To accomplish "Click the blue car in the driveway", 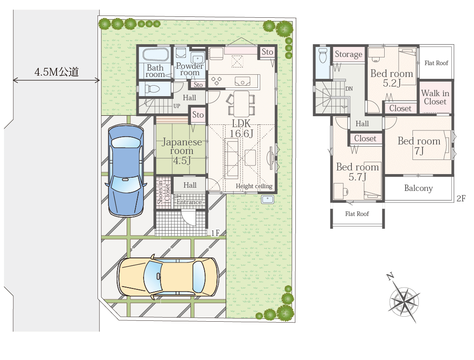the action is pyautogui.click(x=126, y=170).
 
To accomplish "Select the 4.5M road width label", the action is pyautogui.click(x=57, y=72).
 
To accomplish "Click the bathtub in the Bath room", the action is pyautogui.click(x=155, y=55).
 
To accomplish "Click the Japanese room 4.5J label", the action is pyautogui.click(x=182, y=151).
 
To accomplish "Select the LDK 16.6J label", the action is pyautogui.click(x=241, y=128).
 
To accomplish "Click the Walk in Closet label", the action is pyautogui.click(x=435, y=97).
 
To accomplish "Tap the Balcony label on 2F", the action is pyautogui.click(x=418, y=188).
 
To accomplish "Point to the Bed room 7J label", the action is pyautogui.click(x=419, y=145).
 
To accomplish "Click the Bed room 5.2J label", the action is pyautogui.click(x=392, y=78).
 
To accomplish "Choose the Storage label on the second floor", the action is pyautogui.click(x=348, y=54).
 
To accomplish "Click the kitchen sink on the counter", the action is pyautogui.click(x=242, y=81).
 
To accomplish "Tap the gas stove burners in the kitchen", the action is pyautogui.click(x=216, y=81).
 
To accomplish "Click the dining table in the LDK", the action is pyautogui.click(x=242, y=104).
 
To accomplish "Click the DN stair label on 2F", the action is pyautogui.click(x=349, y=88).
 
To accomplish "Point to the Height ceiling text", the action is pyautogui.click(x=254, y=186).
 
